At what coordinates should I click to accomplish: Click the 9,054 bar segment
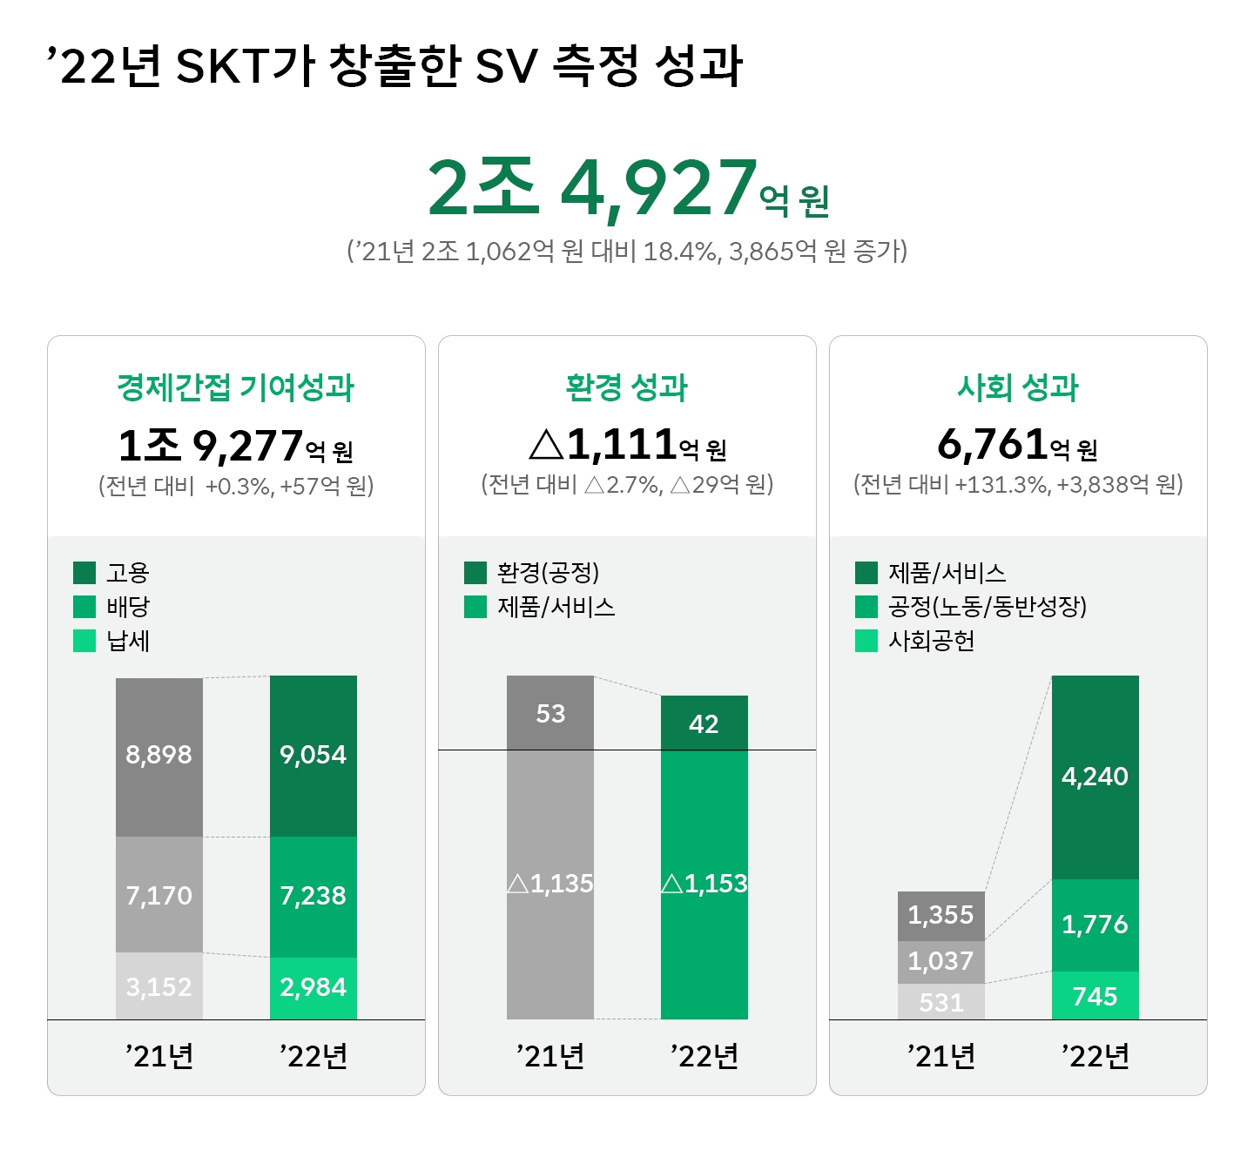[313, 756]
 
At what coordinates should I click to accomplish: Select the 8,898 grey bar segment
[159, 756]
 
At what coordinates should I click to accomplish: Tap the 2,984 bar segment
[313, 988]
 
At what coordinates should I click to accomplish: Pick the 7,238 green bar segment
[313, 897]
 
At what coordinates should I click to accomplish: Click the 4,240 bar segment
[1095, 777]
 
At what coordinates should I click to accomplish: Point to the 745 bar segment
[1095, 996]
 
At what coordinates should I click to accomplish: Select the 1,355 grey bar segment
[941, 916]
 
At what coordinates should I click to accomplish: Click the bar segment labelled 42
[704, 723]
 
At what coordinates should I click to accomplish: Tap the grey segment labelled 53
[550, 714]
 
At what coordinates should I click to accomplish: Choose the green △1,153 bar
[704, 885]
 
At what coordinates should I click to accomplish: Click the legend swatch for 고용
[84, 573]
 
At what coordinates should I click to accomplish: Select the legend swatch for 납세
[84, 641]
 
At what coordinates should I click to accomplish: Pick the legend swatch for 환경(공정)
[475, 573]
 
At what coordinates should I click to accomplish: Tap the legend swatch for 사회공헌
[866, 641]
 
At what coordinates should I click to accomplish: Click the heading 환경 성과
[627, 387]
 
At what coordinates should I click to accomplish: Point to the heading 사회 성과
[1018, 387]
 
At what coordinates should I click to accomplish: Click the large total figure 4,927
[658, 188]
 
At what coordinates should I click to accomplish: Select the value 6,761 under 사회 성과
[992, 445]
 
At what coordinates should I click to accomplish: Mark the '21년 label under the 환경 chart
[550, 1056]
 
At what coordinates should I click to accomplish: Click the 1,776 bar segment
[1095, 925]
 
